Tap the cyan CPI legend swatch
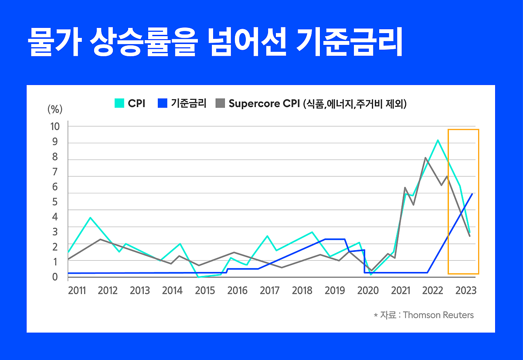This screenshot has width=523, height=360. tap(119, 103)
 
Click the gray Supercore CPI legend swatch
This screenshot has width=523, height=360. tap(221, 103)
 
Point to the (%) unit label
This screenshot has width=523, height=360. tap(55, 109)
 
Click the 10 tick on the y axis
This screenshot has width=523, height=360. tap(55, 126)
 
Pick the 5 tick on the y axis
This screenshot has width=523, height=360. tap(55, 202)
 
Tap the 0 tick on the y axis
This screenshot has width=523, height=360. tap(55, 277)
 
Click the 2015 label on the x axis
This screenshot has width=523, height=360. tap(205, 291)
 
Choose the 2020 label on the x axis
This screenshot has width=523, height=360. tap(368, 291)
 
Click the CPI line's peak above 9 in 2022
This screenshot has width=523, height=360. tap(438, 140)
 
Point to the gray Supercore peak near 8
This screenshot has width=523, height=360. tap(425, 158)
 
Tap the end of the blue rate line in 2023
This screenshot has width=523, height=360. tap(472, 194)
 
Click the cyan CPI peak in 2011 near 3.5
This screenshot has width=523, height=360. tap(90, 217)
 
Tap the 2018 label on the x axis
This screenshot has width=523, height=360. tap(302, 291)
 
